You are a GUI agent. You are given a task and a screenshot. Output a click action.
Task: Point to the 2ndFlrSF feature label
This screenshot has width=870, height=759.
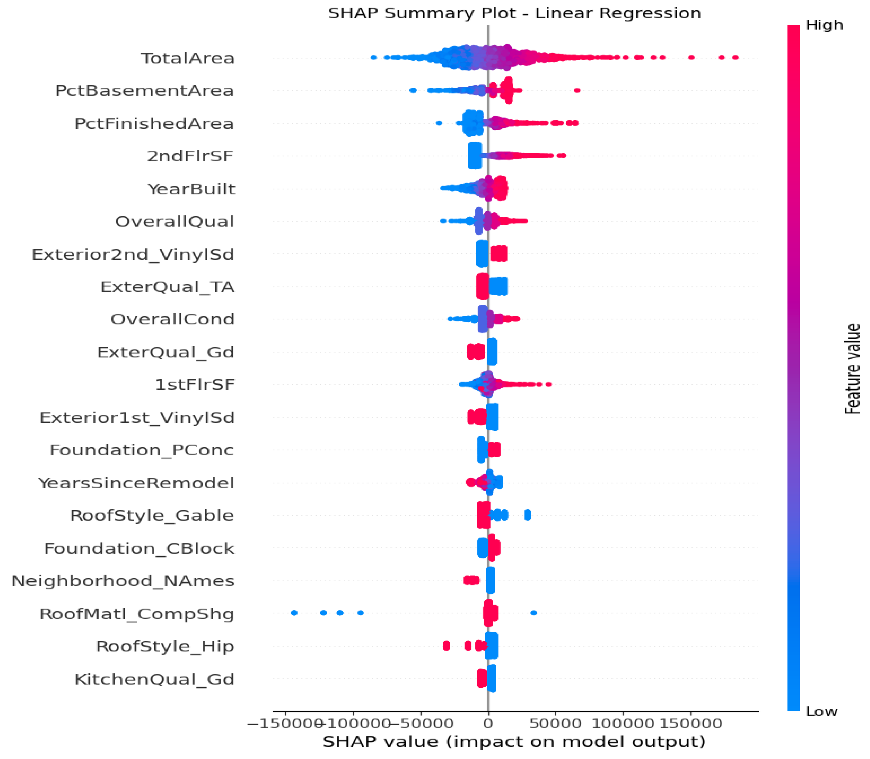coord(190,156)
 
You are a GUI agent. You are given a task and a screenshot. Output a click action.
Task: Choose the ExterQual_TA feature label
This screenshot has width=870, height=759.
coord(167,287)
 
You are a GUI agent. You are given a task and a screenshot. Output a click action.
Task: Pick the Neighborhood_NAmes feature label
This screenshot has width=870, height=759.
coord(123,581)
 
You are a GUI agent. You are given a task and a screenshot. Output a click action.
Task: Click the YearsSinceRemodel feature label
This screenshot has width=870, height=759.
coord(136,483)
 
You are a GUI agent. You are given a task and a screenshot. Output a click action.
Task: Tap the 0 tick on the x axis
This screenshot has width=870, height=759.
coord(488,723)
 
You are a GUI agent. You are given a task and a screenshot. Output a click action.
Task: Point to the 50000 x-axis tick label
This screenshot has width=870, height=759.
coord(555,723)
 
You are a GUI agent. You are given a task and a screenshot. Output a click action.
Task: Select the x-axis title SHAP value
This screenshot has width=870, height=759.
coord(514,742)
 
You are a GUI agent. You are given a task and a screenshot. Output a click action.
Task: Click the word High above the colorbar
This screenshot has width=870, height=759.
coord(824,25)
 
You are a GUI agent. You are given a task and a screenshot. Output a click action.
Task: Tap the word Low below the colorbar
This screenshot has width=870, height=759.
coord(821,712)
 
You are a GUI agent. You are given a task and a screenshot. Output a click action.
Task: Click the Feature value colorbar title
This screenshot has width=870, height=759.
coord(852,368)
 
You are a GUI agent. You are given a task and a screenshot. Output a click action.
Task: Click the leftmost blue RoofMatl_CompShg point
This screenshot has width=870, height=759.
coord(294,613)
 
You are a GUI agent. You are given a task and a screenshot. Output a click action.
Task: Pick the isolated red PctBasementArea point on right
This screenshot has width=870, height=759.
coord(577,90)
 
